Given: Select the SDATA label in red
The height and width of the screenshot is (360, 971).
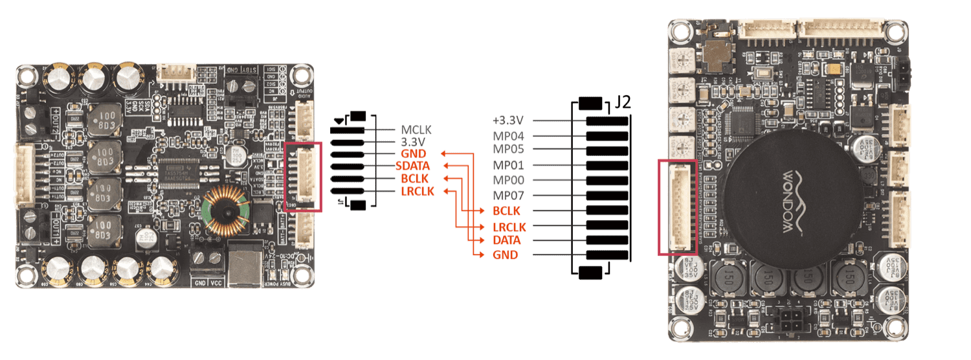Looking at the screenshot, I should (412, 166).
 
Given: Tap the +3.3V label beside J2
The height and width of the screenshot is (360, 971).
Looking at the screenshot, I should (508, 121).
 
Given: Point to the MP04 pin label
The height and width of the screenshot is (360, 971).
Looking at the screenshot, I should (508, 137).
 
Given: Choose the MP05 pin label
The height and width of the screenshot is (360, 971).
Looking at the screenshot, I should (508, 150).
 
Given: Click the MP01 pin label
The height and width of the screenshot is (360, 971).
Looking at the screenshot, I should (508, 164).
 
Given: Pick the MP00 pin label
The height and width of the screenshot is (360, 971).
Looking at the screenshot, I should (508, 181).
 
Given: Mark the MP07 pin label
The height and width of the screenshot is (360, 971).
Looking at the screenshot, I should (508, 196).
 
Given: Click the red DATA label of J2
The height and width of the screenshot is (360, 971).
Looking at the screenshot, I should (506, 240).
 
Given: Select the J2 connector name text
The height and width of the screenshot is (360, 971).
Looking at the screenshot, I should (623, 103).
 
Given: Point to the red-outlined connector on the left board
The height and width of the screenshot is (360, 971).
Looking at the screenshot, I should (302, 176).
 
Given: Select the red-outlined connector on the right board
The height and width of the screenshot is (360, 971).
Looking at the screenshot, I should (677, 207).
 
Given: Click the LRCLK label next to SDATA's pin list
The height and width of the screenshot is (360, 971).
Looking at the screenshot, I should (417, 191).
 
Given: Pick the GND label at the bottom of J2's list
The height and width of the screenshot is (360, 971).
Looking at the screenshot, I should (505, 255).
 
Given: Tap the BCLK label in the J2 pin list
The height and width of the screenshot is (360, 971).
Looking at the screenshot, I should (506, 211).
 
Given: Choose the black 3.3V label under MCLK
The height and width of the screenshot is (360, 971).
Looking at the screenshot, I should (412, 141).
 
